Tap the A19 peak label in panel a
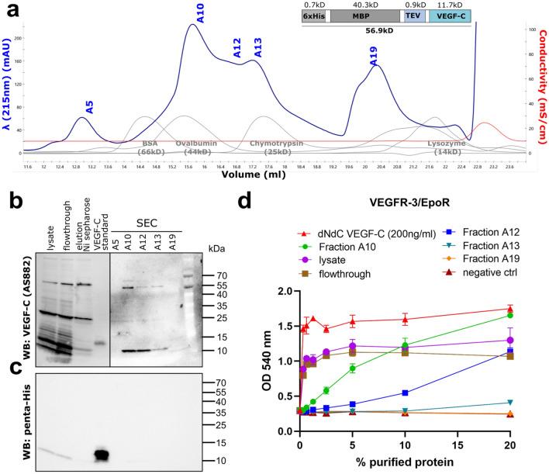coord(374,56)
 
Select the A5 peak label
coord(90,107)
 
